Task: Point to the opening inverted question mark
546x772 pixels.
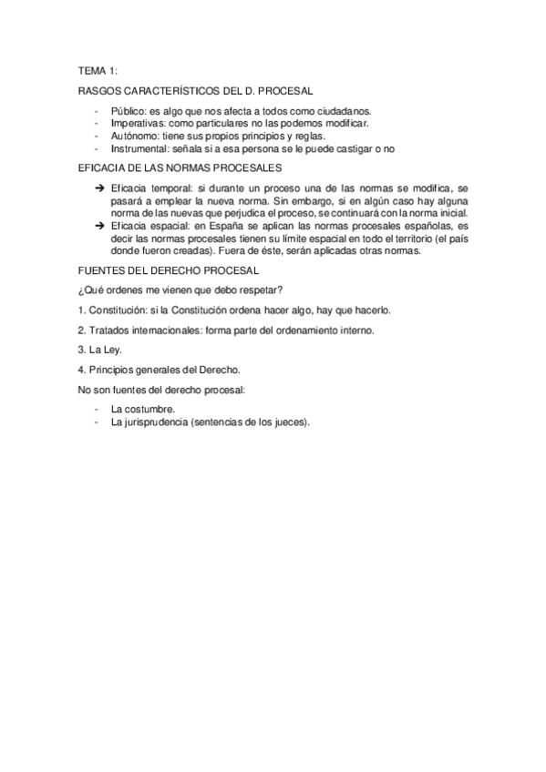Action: (81, 290)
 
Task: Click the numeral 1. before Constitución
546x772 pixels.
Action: (82, 310)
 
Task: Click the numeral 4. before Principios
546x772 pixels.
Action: (82, 370)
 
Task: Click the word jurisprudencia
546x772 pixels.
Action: (155, 422)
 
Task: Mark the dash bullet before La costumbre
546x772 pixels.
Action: (96, 409)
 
